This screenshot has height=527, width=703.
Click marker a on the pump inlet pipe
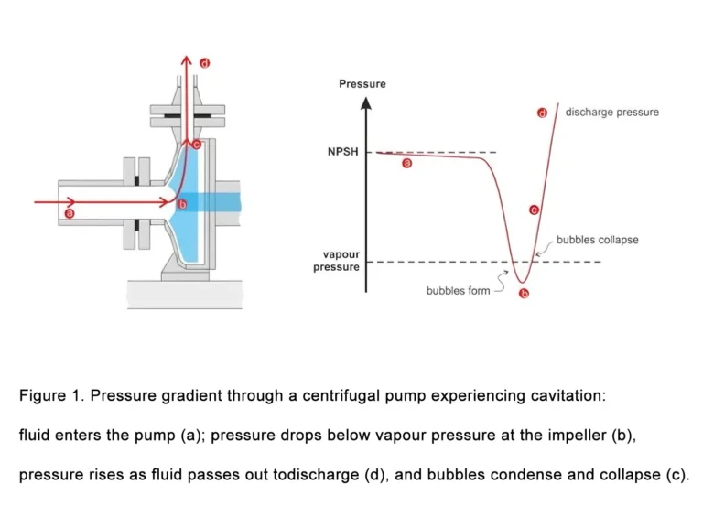pyautogui.click(x=70, y=213)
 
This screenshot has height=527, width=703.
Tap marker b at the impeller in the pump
pyautogui.click(x=181, y=203)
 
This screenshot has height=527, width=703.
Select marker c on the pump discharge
pyautogui.click(x=196, y=144)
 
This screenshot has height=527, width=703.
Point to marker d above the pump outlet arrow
pyautogui.click(x=204, y=63)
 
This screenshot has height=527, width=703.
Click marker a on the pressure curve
pyautogui.click(x=407, y=164)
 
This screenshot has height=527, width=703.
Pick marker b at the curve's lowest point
pyautogui.click(x=524, y=294)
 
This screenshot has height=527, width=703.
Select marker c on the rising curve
pyautogui.click(x=534, y=210)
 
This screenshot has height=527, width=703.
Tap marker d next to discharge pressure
pyautogui.click(x=542, y=113)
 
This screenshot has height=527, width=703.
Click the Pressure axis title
pyautogui.click(x=362, y=84)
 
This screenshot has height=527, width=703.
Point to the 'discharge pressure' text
pyautogui.click(x=611, y=113)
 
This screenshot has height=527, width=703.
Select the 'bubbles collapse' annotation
pyautogui.click(x=598, y=240)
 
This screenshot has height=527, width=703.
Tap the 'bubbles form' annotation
pyautogui.click(x=458, y=291)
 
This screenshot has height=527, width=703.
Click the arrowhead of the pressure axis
pyautogui.click(x=366, y=100)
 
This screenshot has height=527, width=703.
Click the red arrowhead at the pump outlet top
pyautogui.click(x=185, y=61)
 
